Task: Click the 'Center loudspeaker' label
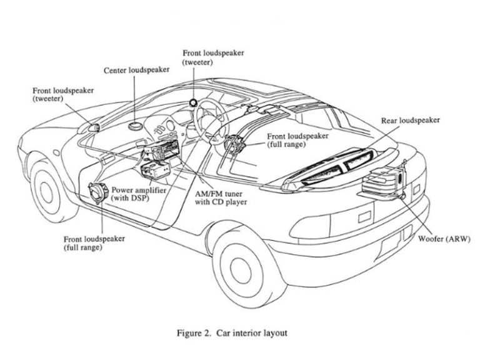point(136,71)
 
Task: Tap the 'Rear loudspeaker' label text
point(410,120)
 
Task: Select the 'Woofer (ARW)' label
point(444,239)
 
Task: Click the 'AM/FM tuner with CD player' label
point(221,197)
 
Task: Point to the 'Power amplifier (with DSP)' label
point(138,194)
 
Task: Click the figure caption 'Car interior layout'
point(252,333)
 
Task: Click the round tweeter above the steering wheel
point(193,102)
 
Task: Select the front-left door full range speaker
point(98,192)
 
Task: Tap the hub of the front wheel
point(46,193)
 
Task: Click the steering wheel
point(208,120)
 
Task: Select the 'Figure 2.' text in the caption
point(194,333)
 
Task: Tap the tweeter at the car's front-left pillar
point(94,128)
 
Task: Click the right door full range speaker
point(234,142)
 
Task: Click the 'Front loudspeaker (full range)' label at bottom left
point(94,243)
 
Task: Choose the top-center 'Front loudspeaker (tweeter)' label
point(213,57)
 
